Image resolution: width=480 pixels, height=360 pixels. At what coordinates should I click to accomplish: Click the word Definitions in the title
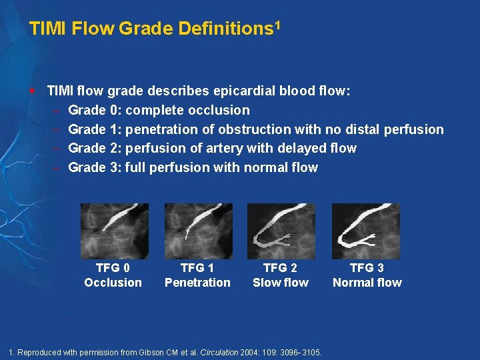[x=225, y=29]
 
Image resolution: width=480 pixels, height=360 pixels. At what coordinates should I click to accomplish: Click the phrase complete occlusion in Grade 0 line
[x=187, y=110]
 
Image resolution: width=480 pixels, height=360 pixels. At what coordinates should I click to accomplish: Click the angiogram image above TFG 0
[x=114, y=231]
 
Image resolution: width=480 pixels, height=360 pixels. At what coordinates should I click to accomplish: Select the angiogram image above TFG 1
[x=198, y=231]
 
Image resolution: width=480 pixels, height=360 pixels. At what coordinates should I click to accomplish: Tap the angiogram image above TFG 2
[x=281, y=231]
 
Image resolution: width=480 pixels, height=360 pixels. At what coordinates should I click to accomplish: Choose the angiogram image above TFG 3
[x=366, y=231]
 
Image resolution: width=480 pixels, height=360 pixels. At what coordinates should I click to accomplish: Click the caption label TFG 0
[x=113, y=268]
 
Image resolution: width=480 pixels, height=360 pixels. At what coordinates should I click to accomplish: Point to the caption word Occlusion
[x=113, y=283]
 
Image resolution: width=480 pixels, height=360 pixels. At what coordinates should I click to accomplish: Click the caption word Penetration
[x=197, y=283]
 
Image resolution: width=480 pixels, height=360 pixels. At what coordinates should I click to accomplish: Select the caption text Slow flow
[x=281, y=283]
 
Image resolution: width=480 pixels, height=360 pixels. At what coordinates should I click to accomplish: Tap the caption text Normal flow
[x=367, y=283]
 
